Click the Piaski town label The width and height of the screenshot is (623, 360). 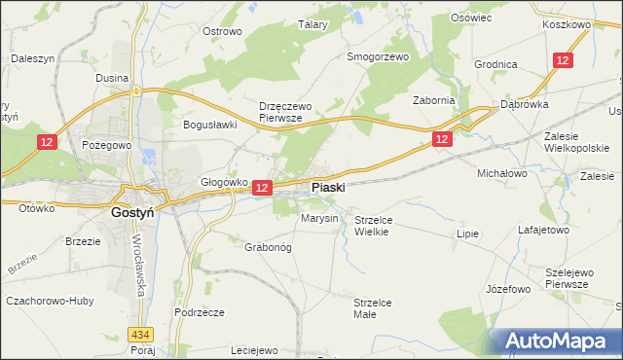point(328,187)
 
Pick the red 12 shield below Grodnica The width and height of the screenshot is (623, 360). point(562,60)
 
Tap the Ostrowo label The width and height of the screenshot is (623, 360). point(221,31)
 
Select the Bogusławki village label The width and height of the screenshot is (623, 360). point(210,125)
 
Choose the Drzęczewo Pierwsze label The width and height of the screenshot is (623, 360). point(281,111)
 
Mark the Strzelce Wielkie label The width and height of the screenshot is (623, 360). point(372,226)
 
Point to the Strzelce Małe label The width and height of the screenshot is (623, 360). point(372,308)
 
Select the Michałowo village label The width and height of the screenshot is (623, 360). point(501,172)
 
